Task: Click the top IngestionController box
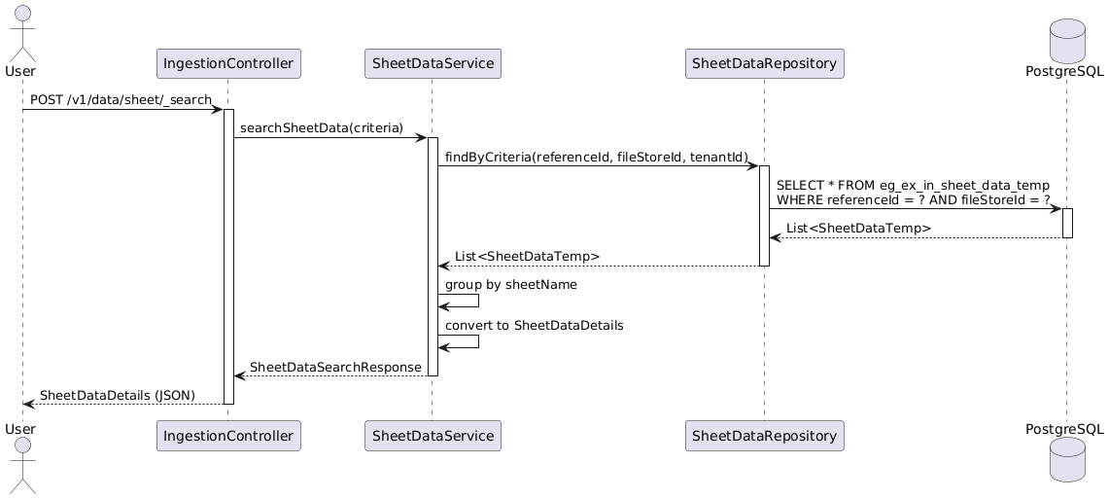point(228,63)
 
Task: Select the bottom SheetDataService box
point(433,436)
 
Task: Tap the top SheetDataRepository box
point(765,63)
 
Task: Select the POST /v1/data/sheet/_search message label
point(121,100)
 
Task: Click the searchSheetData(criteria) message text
point(322,128)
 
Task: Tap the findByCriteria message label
point(596,157)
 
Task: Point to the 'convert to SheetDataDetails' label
point(534,326)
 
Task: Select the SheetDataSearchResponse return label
point(336,368)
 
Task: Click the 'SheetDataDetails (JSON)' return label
point(118,395)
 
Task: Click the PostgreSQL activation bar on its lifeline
point(1067,223)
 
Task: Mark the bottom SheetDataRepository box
point(765,436)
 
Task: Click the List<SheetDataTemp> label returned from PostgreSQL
point(858,228)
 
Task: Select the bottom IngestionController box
point(228,436)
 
